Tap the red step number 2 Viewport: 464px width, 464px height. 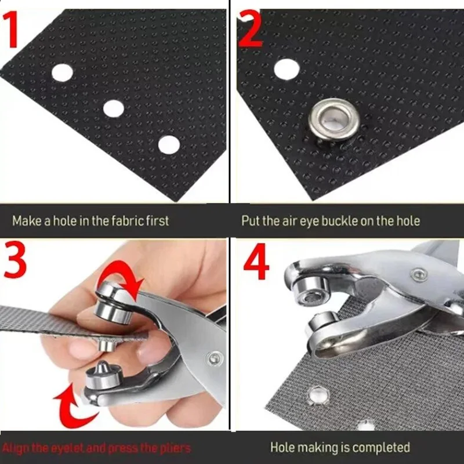pos(250,28)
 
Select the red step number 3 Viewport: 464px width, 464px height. pos(15,259)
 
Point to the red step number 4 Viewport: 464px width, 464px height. pos(256,262)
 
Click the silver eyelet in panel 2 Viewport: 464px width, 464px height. pos(334,119)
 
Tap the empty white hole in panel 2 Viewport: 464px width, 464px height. pos(287,69)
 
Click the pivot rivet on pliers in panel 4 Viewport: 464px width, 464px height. pos(419,275)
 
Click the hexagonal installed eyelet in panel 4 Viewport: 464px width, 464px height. pos(318,396)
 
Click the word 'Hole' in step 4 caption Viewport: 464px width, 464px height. pos(281,447)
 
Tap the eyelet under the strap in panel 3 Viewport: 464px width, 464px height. pos(106,345)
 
